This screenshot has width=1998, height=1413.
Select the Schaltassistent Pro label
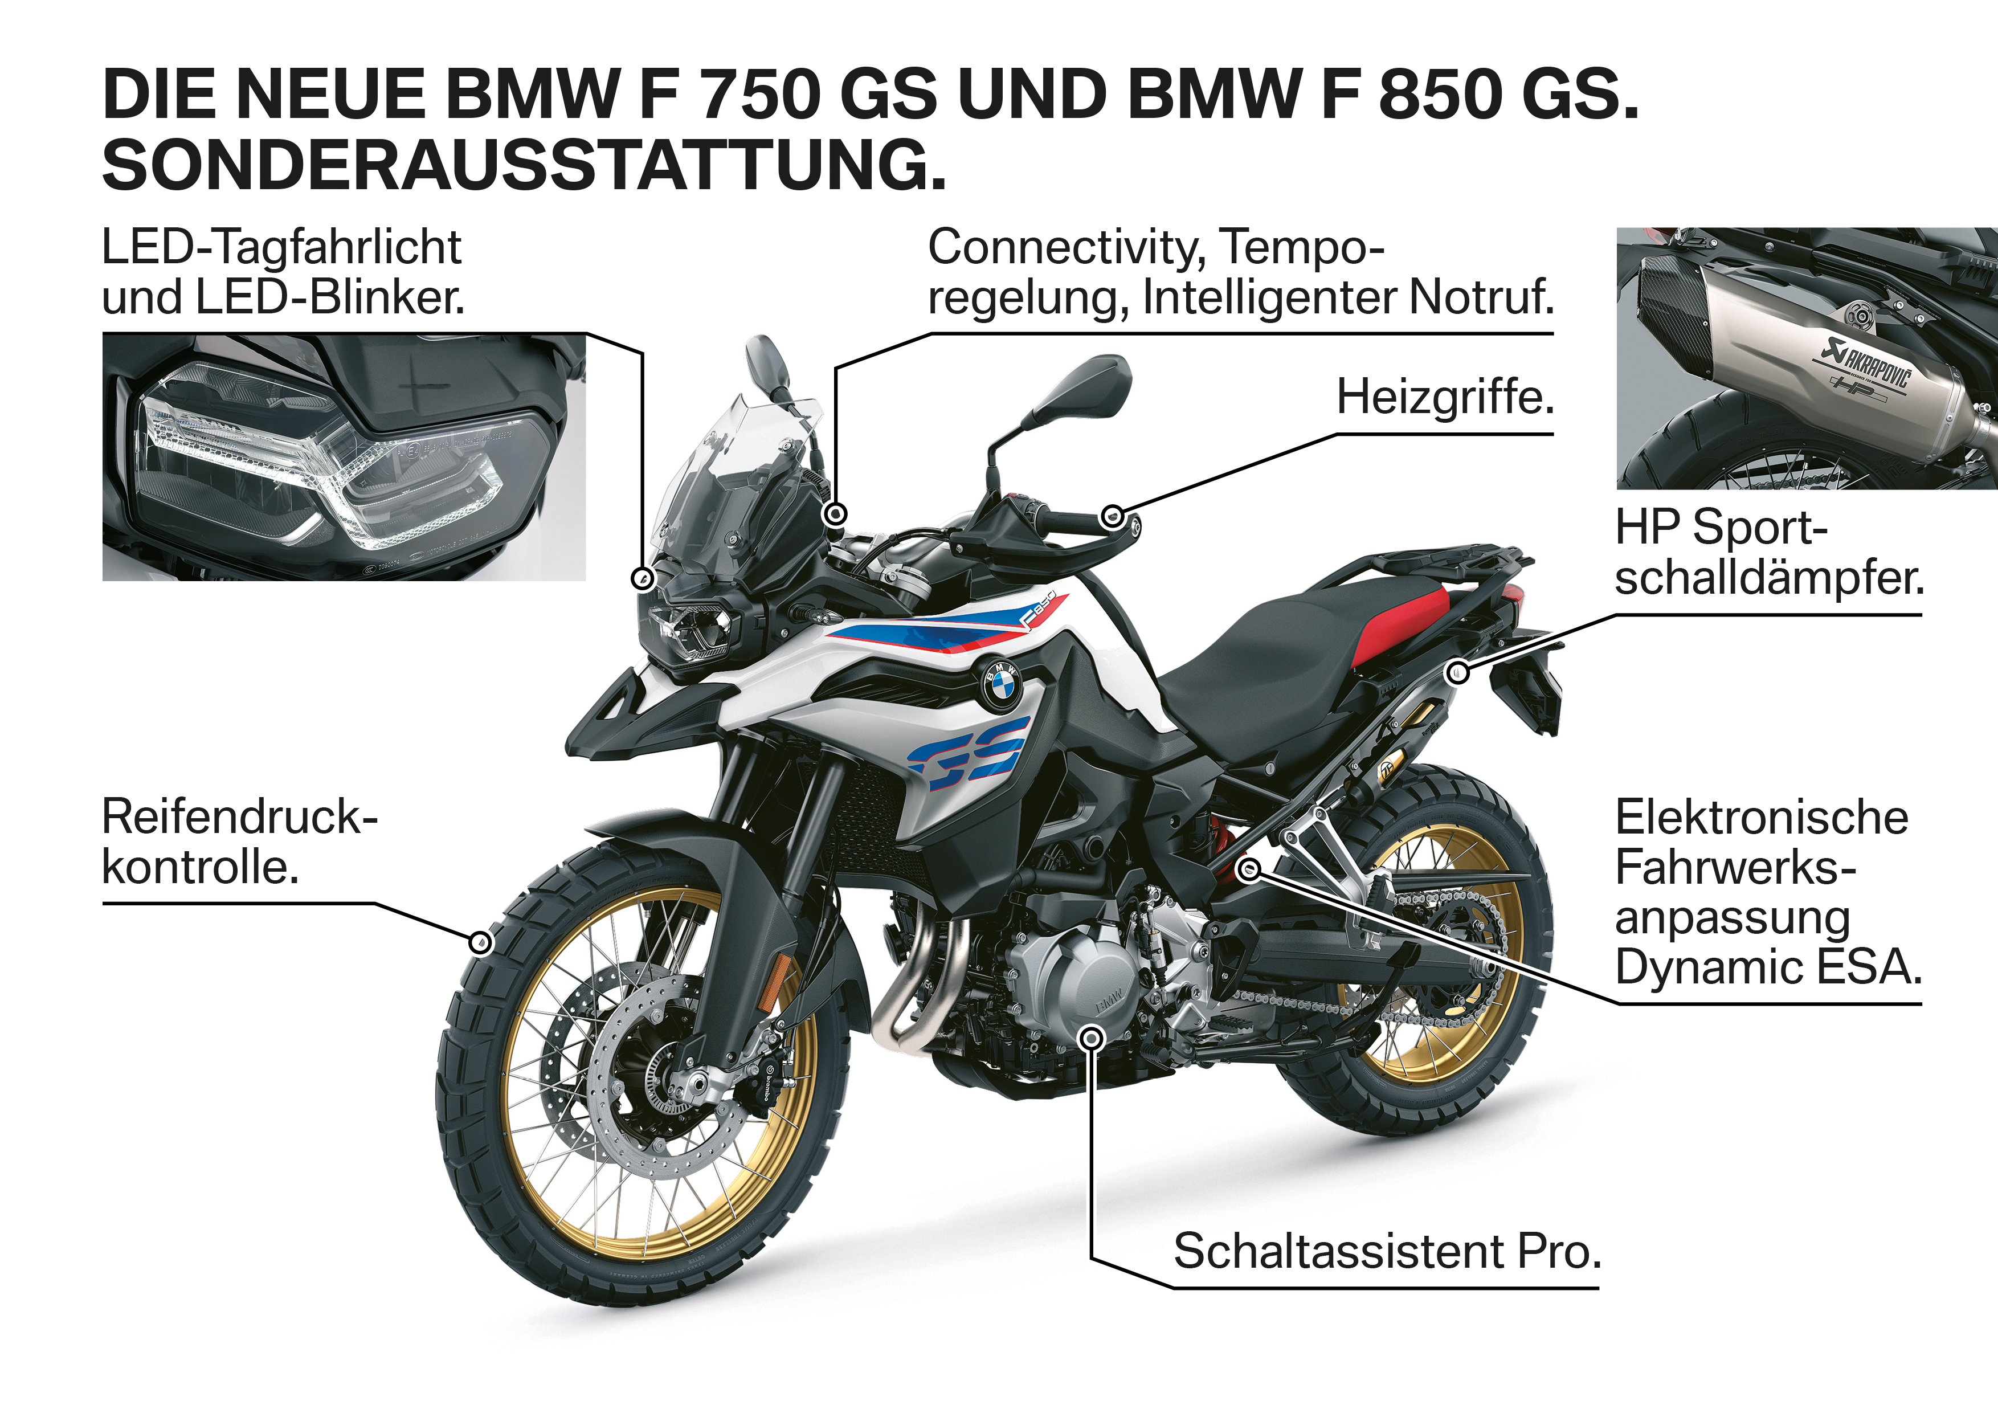(1387, 1251)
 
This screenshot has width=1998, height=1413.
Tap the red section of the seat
(1401, 627)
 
